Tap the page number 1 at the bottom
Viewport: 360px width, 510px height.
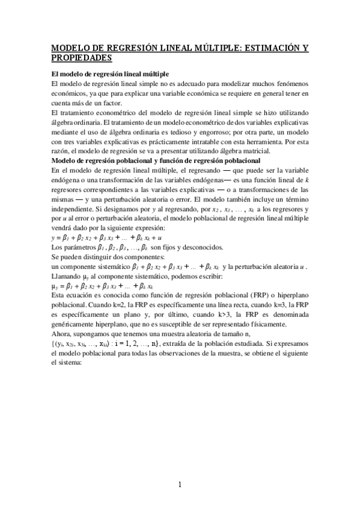click(x=180, y=485)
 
